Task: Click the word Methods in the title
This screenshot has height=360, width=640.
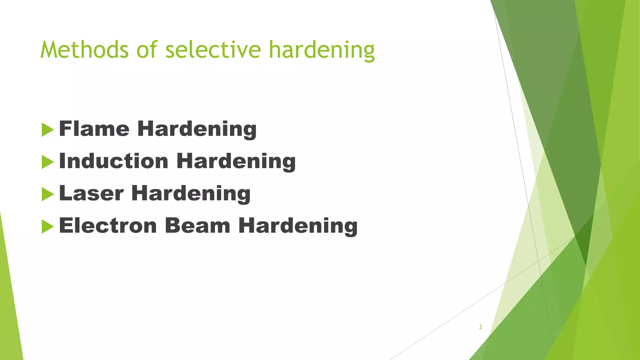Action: tap(84, 50)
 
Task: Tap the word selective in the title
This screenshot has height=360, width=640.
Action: tap(213, 50)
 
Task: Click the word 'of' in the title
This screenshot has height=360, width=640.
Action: tap(147, 50)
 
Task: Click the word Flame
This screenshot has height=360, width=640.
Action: tap(94, 129)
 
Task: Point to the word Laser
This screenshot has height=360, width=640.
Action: tap(91, 193)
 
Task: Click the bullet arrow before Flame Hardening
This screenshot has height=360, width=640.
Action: tap(47, 130)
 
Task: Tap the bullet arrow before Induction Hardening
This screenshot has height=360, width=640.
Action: tap(47, 162)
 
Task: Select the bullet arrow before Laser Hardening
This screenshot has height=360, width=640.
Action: tap(47, 194)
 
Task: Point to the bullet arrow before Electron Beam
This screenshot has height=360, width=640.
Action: tap(47, 227)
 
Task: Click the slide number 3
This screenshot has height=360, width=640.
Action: tap(480, 327)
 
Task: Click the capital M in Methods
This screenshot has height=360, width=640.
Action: tap(49, 50)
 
